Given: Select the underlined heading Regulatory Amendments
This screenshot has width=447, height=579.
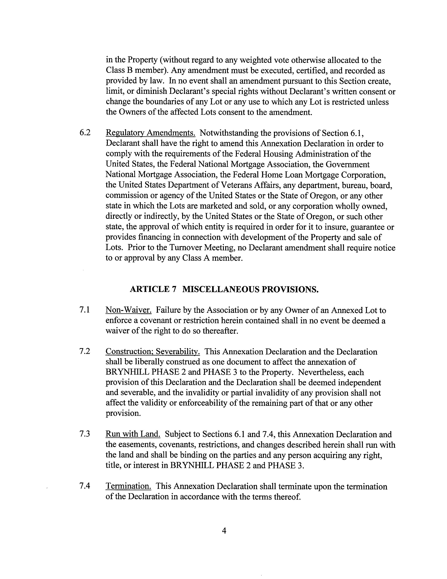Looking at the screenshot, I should pyautogui.click(x=150, y=133).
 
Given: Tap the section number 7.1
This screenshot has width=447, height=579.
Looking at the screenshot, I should pyautogui.click(x=84, y=310).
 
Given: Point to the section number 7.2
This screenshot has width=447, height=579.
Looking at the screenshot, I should pyautogui.click(x=85, y=352).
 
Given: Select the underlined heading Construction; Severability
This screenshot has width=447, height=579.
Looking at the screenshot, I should pyautogui.click(x=153, y=352).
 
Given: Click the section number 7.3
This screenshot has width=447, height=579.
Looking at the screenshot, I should pyautogui.click(x=85, y=434).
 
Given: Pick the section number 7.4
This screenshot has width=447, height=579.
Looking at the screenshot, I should pyautogui.click(x=85, y=486).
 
